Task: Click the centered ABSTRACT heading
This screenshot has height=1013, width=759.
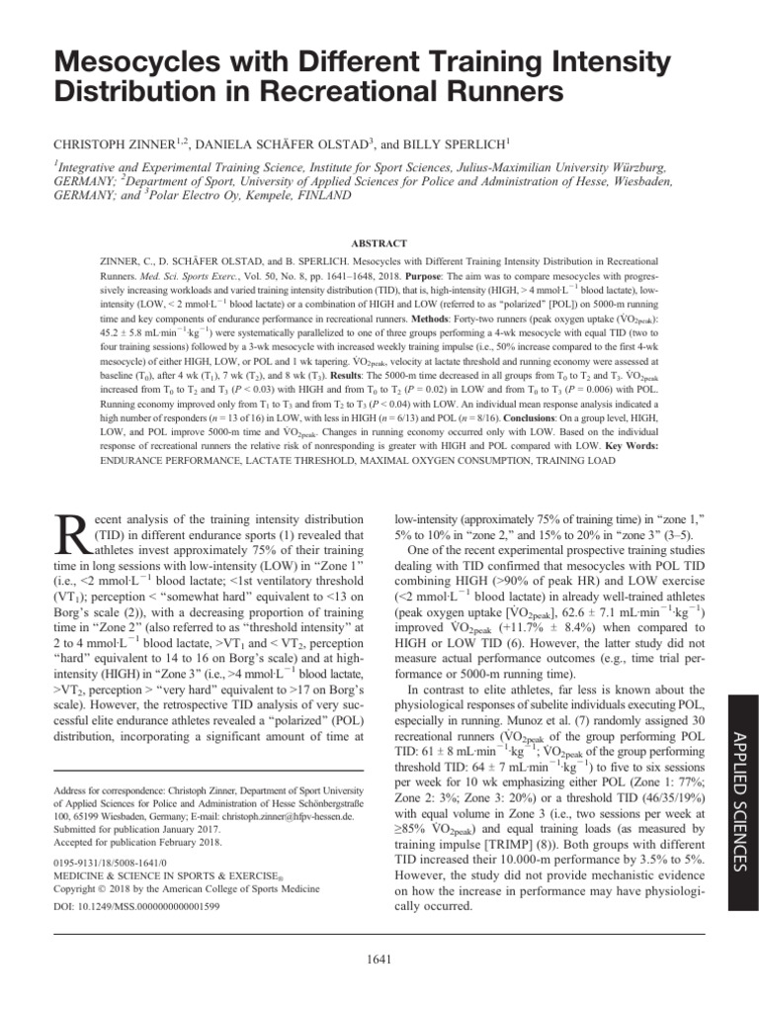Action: (379, 240)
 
